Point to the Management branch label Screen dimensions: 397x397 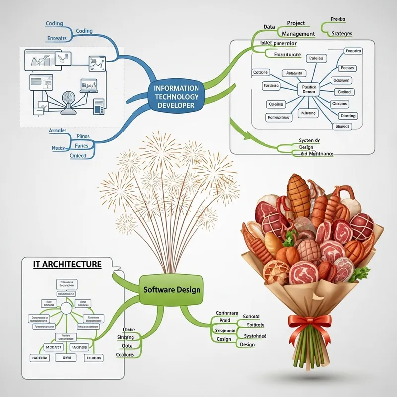pyautogui.click(x=298, y=34)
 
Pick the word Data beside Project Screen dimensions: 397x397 pyautogui.click(x=269, y=26)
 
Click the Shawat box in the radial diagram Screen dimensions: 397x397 pyautogui.click(x=343, y=126)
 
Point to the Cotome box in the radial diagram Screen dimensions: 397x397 pyautogui.click(x=261, y=72)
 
